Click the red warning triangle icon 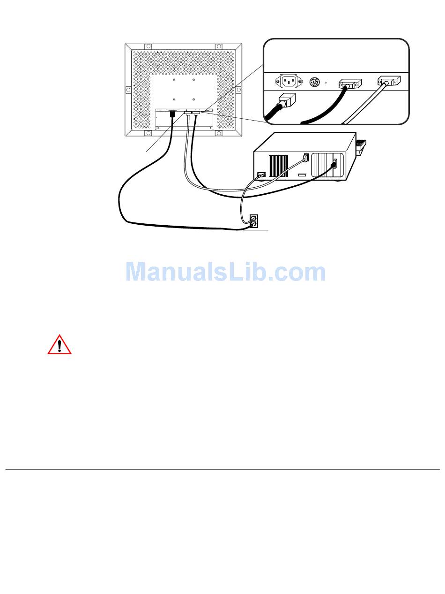tap(59, 345)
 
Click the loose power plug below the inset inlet tap(287, 101)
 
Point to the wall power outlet tap(253, 221)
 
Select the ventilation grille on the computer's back tap(278, 166)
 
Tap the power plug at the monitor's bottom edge tap(172, 114)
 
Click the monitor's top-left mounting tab tap(148, 47)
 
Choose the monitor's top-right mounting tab tap(218, 47)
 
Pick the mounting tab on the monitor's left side tap(128, 90)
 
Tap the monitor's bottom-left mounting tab tap(148, 133)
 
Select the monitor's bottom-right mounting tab tap(219, 133)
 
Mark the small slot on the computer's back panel tap(302, 175)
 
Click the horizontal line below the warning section tap(222, 469)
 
